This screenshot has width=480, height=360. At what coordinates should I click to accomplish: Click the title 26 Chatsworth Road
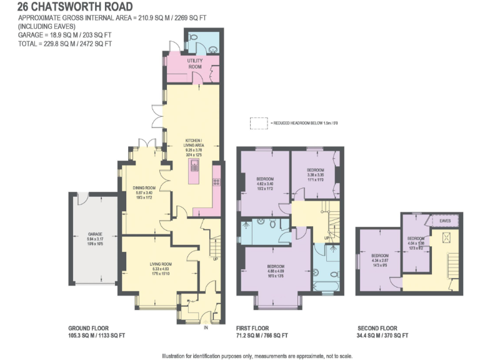75,7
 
